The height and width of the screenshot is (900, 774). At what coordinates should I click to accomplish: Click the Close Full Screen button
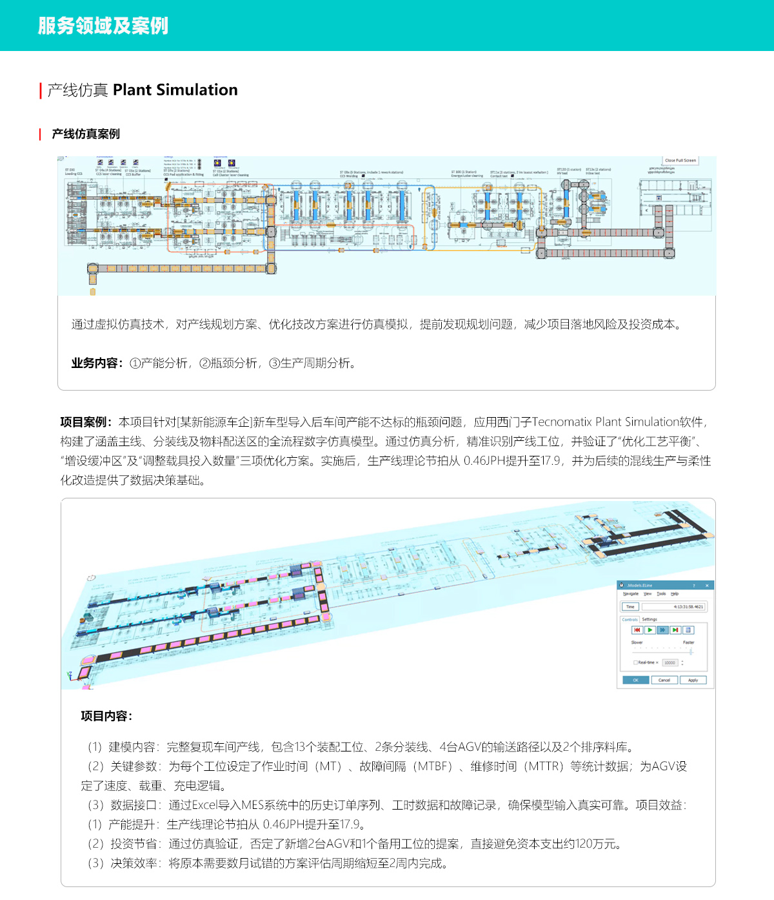680,160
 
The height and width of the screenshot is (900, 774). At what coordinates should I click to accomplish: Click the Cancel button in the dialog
664,680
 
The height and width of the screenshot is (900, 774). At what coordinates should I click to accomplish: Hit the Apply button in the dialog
693,680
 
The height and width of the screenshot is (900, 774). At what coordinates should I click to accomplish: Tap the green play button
650,629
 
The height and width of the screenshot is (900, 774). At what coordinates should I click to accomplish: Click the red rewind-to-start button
637,629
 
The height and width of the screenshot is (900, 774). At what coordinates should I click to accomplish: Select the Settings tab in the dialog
650,619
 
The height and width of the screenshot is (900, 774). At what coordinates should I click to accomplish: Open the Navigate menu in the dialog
630,593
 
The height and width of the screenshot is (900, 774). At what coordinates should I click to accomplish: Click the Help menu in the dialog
675,593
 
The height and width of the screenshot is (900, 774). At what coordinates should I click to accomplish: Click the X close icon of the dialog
707,586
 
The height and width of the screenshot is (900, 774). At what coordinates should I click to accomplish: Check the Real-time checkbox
635,662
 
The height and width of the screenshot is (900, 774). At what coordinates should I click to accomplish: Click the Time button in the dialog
630,607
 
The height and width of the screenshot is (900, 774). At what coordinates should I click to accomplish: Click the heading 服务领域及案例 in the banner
103,26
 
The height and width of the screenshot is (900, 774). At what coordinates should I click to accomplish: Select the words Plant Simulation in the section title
175,90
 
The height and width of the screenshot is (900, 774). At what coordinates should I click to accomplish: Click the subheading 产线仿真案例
86,134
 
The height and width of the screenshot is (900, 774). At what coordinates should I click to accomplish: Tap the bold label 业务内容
95,363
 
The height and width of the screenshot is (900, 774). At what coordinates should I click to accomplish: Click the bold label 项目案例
84,422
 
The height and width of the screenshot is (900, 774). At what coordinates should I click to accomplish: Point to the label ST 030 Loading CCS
74,172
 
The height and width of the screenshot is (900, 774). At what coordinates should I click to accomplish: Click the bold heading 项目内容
105,716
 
